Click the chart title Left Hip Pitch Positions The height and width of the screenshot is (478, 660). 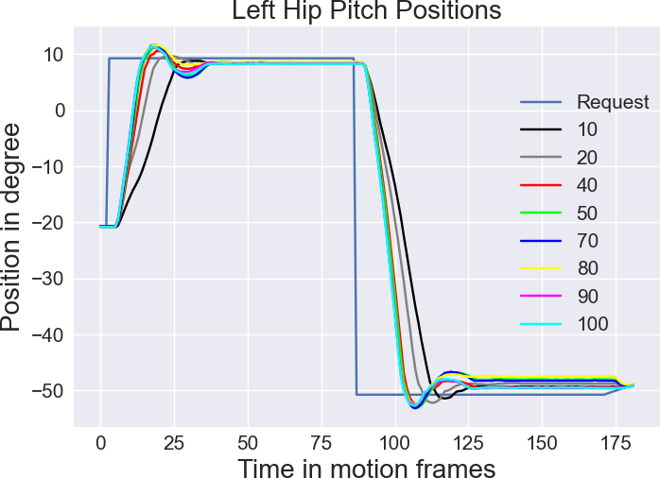tap(367, 11)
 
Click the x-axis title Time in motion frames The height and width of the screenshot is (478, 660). tap(366, 467)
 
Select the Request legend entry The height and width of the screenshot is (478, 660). tap(613, 102)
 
